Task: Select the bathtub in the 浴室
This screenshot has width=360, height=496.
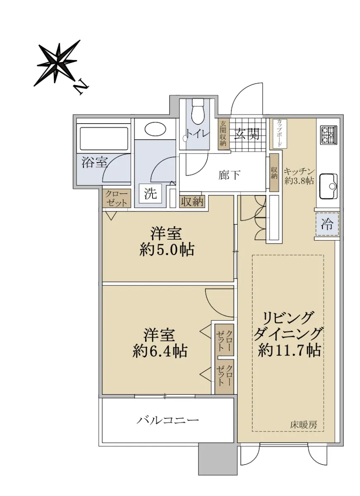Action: (104, 138)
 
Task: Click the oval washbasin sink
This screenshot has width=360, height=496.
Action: (155, 129)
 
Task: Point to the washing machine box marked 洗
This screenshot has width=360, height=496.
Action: (150, 194)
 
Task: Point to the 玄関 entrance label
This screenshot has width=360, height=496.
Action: (247, 134)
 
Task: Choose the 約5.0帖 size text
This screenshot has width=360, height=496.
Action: (167, 250)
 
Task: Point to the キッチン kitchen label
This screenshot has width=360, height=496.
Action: (299, 172)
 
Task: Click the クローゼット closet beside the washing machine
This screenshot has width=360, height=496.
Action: (116, 198)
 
